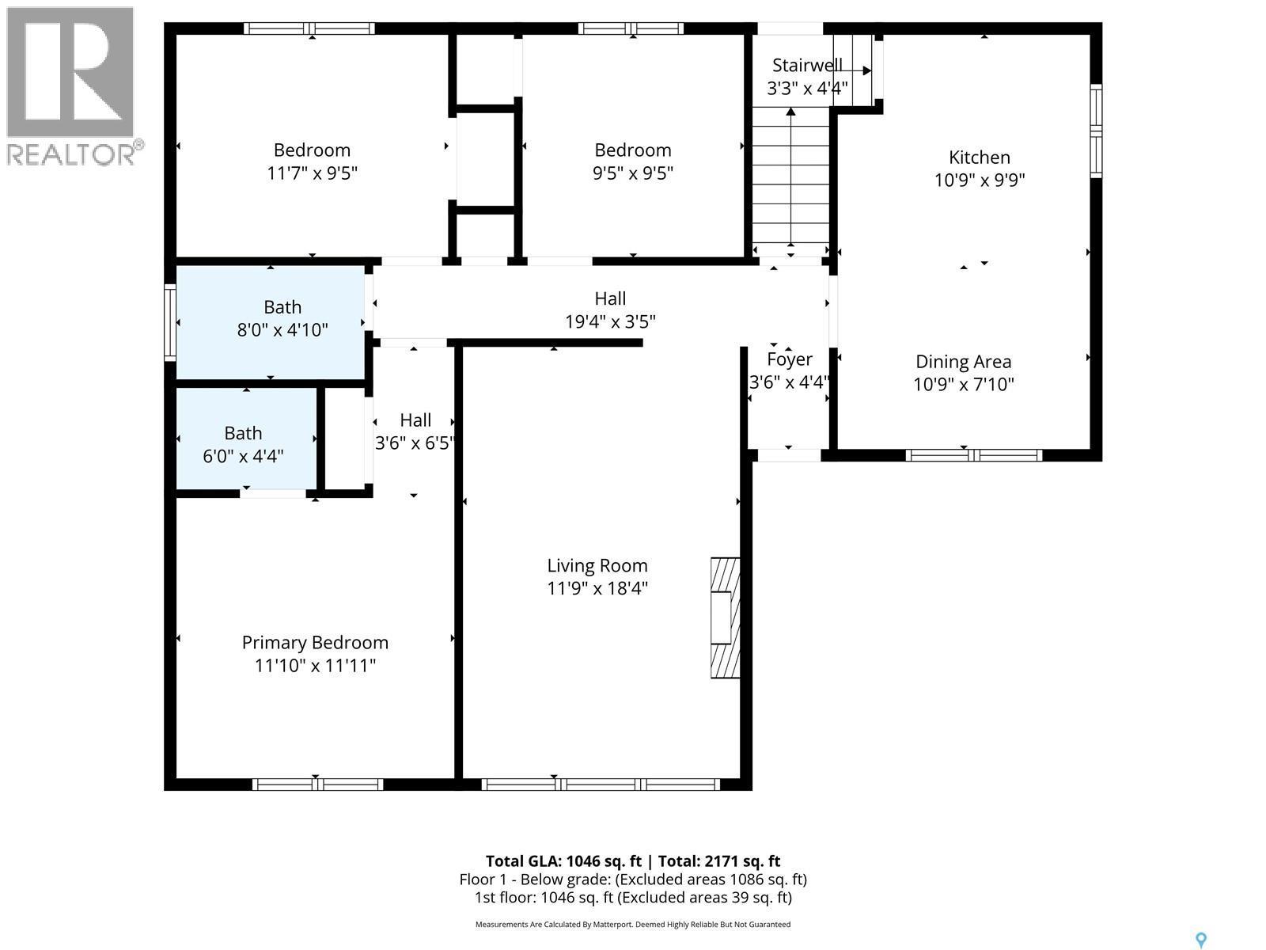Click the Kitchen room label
coord(980,158)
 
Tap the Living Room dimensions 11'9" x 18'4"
coord(597,588)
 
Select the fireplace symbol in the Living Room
coord(725,617)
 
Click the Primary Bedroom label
coord(315,643)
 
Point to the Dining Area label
coord(963,362)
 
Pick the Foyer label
coord(789,359)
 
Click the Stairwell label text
coord(807,66)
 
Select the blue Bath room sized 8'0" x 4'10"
coord(270,321)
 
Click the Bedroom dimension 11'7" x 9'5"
coord(313,173)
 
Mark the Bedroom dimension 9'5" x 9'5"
coord(633,173)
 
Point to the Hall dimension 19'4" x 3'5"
coord(610,321)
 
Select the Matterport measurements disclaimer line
coord(633,924)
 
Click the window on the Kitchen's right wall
coord(1096,131)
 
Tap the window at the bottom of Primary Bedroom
coord(317,785)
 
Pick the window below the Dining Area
coord(973,455)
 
